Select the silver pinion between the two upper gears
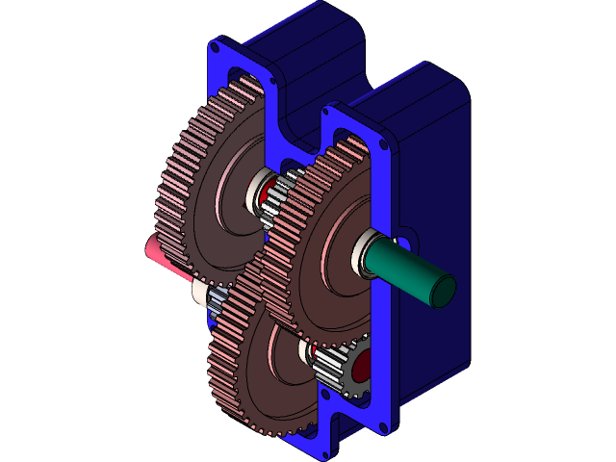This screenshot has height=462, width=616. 280,197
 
